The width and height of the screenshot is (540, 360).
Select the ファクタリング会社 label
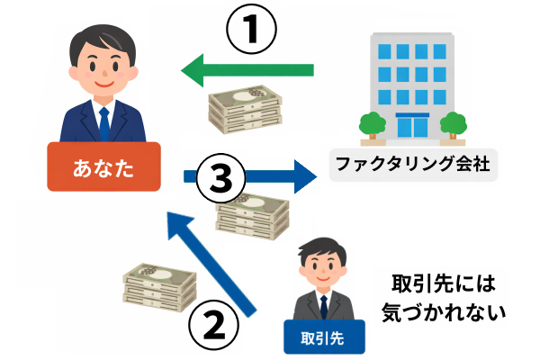coord(413,166)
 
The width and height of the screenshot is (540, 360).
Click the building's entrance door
coord(412,127)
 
